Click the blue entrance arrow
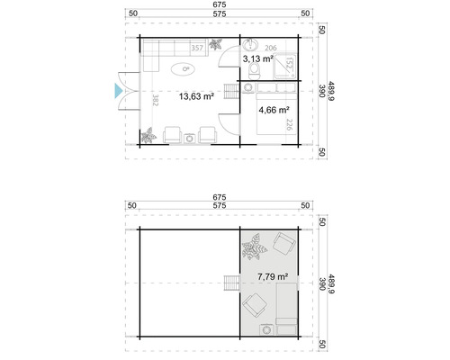(x=116, y=89)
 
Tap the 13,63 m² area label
(x=195, y=96)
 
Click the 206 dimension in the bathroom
(x=270, y=46)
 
